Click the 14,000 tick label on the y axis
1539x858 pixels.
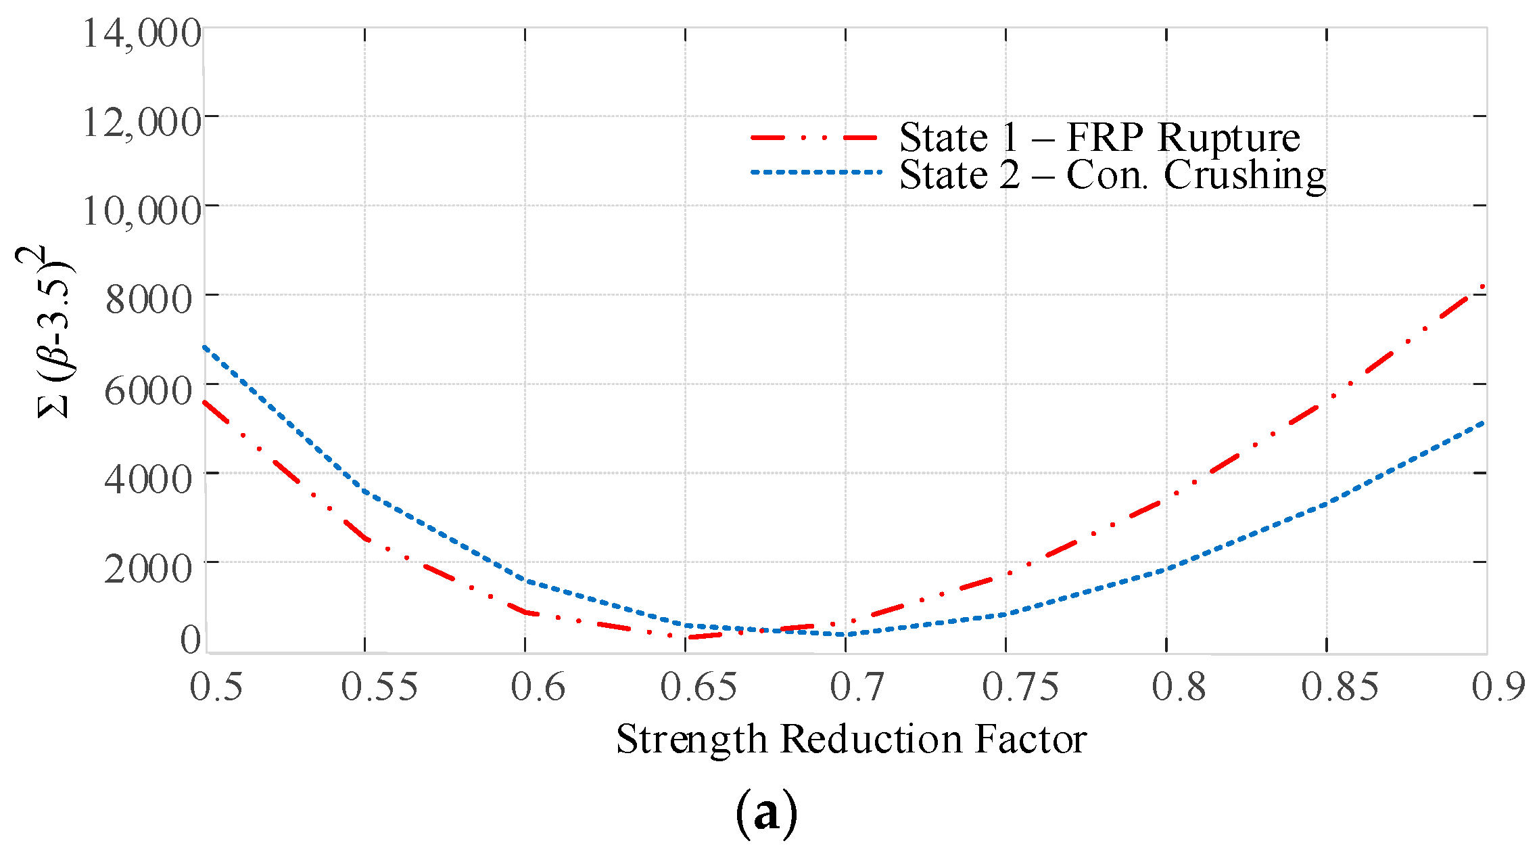click(141, 32)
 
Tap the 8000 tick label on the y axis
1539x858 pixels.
click(149, 299)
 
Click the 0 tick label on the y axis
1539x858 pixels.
click(191, 639)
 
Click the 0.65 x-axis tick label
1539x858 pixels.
click(699, 686)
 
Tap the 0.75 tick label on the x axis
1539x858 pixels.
click(1020, 686)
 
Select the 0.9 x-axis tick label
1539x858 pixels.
click(1498, 686)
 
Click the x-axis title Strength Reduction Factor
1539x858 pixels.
click(851, 738)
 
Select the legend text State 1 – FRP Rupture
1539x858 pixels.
click(1099, 137)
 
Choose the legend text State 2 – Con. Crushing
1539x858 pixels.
click(1112, 175)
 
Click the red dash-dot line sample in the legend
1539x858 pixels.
click(814, 137)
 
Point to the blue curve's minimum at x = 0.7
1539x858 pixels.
click(845, 634)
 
